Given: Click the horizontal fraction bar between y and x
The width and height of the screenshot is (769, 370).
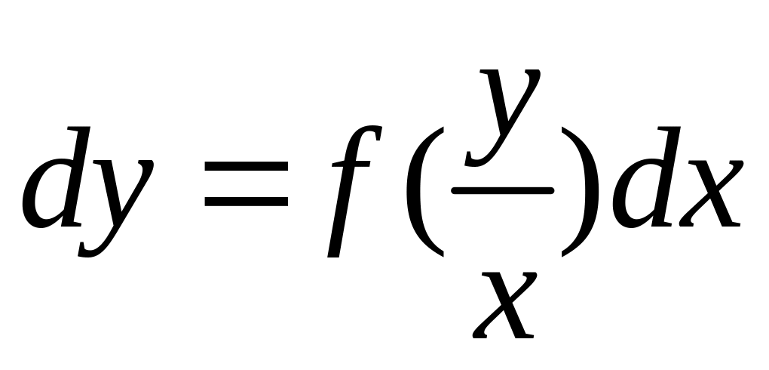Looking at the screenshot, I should (502, 191).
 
